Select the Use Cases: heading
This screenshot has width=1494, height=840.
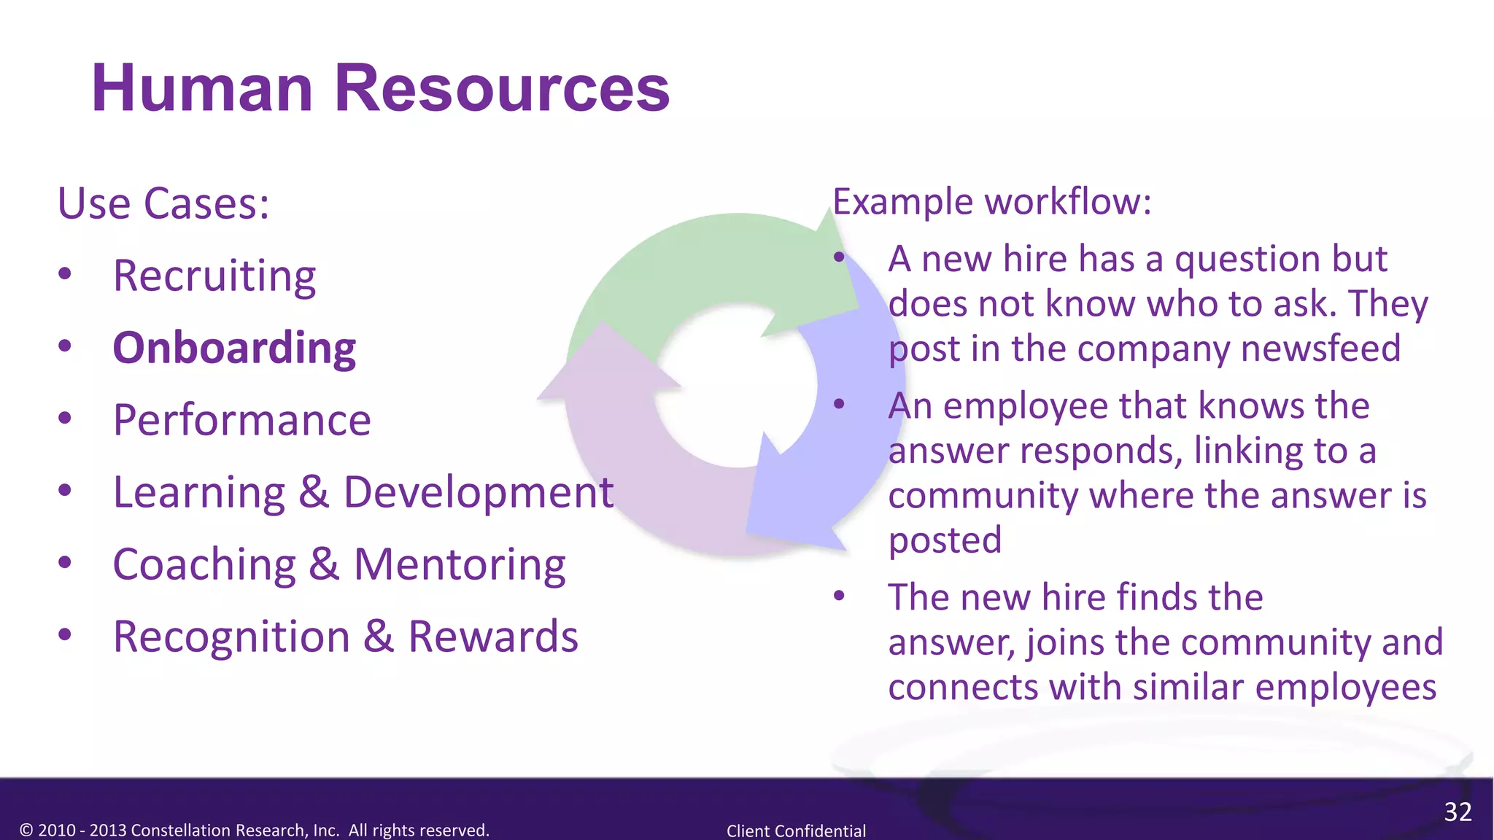point(163,203)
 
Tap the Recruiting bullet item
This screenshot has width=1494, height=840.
point(214,276)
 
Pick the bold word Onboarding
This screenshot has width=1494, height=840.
point(234,348)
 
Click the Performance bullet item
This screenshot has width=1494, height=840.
point(241,421)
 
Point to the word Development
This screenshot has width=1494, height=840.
point(479,493)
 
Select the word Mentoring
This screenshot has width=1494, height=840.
point(460,565)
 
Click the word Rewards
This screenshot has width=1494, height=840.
point(493,637)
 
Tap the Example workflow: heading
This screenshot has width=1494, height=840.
point(991,202)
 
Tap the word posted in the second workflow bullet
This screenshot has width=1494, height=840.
point(945,540)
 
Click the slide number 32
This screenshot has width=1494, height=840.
point(1458,812)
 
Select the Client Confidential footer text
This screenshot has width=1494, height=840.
point(796,831)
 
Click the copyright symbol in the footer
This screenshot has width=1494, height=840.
point(27,831)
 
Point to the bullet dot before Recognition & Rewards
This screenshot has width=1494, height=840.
point(65,635)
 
